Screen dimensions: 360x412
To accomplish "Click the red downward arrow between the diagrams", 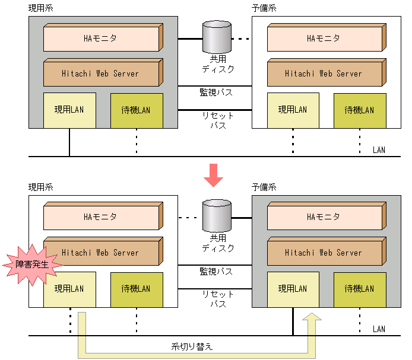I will [213, 174].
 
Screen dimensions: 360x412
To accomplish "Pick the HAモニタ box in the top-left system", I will [101, 39].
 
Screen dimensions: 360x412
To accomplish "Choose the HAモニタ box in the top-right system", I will [324, 39].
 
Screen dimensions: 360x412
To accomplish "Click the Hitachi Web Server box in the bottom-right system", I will [324, 253].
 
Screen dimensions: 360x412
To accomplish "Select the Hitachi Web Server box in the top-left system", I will [101, 74].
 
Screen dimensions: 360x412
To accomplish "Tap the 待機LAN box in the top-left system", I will [136, 110].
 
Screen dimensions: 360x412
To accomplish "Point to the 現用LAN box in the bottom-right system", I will [293, 289].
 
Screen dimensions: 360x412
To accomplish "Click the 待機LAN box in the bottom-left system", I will [136, 289].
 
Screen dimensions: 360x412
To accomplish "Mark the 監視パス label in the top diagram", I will [215, 92].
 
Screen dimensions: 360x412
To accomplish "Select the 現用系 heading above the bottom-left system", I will [41, 187].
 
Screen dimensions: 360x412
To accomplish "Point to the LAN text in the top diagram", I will [379, 149].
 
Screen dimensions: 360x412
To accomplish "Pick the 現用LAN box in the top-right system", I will [293, 110].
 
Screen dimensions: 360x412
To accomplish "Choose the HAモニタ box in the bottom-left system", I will [101, 217].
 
